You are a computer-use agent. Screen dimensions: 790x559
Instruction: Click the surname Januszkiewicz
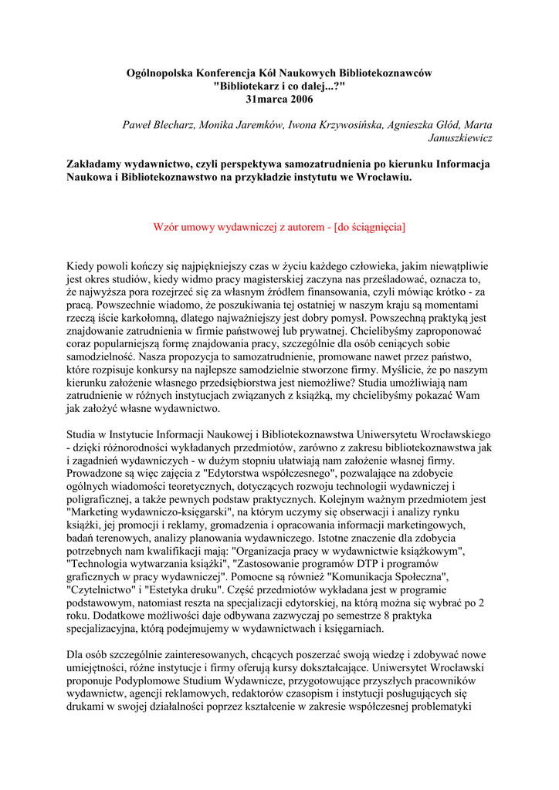pos(460,138)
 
